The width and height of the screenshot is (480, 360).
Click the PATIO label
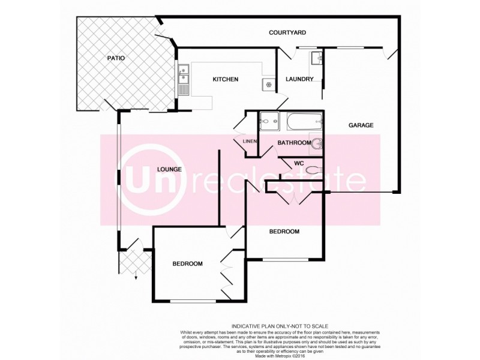(116, 58)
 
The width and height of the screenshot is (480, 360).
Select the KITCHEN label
(226, 79)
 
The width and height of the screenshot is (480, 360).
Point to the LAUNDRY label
(299, 79)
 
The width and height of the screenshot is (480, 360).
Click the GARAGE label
(361, 125)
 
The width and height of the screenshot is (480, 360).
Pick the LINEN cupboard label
(250, 142)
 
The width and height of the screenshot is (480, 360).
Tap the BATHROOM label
(293, 143)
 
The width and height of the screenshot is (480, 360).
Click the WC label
(298, 163)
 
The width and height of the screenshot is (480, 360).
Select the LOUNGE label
(169, 169)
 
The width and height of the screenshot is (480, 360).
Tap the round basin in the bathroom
(317, 143)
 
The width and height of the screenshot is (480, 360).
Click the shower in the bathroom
(269, 121)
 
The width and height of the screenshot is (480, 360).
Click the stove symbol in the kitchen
(268, 85)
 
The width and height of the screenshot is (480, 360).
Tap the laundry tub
(316, 59)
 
